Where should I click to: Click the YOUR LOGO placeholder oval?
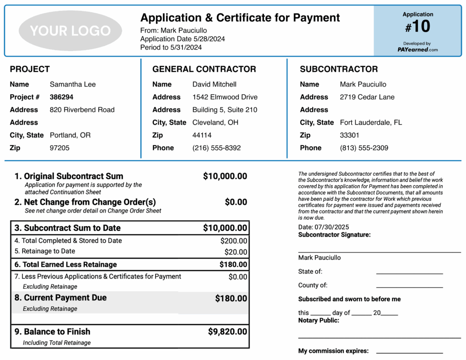click(x=71, y=30)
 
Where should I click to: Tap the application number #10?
click(x=418, y=27)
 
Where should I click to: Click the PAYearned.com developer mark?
click(x=417, y=50)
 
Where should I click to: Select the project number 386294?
click(x=61, y=97)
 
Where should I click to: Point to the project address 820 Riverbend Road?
click(x=82, y=110)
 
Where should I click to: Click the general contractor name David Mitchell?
click(x=214, y=84)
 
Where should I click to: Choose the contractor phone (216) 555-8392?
click(x=217, y=148)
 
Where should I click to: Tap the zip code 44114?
click(x=202, y=135)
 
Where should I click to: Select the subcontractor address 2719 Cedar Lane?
click(x=367, y=97)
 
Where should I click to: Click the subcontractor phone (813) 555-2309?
click(x=364, y=148)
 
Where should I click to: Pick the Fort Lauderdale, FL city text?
click(x=371, y=122)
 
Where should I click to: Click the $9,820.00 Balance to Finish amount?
click(x=228, y=332)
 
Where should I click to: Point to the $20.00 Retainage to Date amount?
click(x=236, y=252)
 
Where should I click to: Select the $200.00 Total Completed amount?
click(x=234, y=241)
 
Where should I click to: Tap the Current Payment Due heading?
click(x=65, y=298)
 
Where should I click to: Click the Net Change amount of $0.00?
click(x=236, y=202)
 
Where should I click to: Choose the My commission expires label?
click(x=333, y=351)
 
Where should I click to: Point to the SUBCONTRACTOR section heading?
click(x=339, y=69)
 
